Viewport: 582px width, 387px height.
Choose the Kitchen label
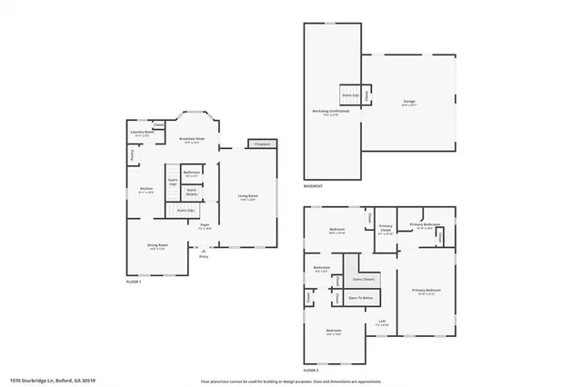point(146,190)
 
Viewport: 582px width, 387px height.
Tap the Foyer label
point(206,226)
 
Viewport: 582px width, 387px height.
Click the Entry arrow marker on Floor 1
point(204,253)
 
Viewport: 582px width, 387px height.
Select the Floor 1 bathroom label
point(192,173)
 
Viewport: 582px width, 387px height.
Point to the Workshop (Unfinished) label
point(326,112)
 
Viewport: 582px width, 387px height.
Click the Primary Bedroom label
point(425,291)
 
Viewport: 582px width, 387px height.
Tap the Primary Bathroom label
point(426,224)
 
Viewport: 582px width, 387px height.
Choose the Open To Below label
point(361,297)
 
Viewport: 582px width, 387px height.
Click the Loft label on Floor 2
point(384,321)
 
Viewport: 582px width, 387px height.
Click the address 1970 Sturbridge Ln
point(45,381)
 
